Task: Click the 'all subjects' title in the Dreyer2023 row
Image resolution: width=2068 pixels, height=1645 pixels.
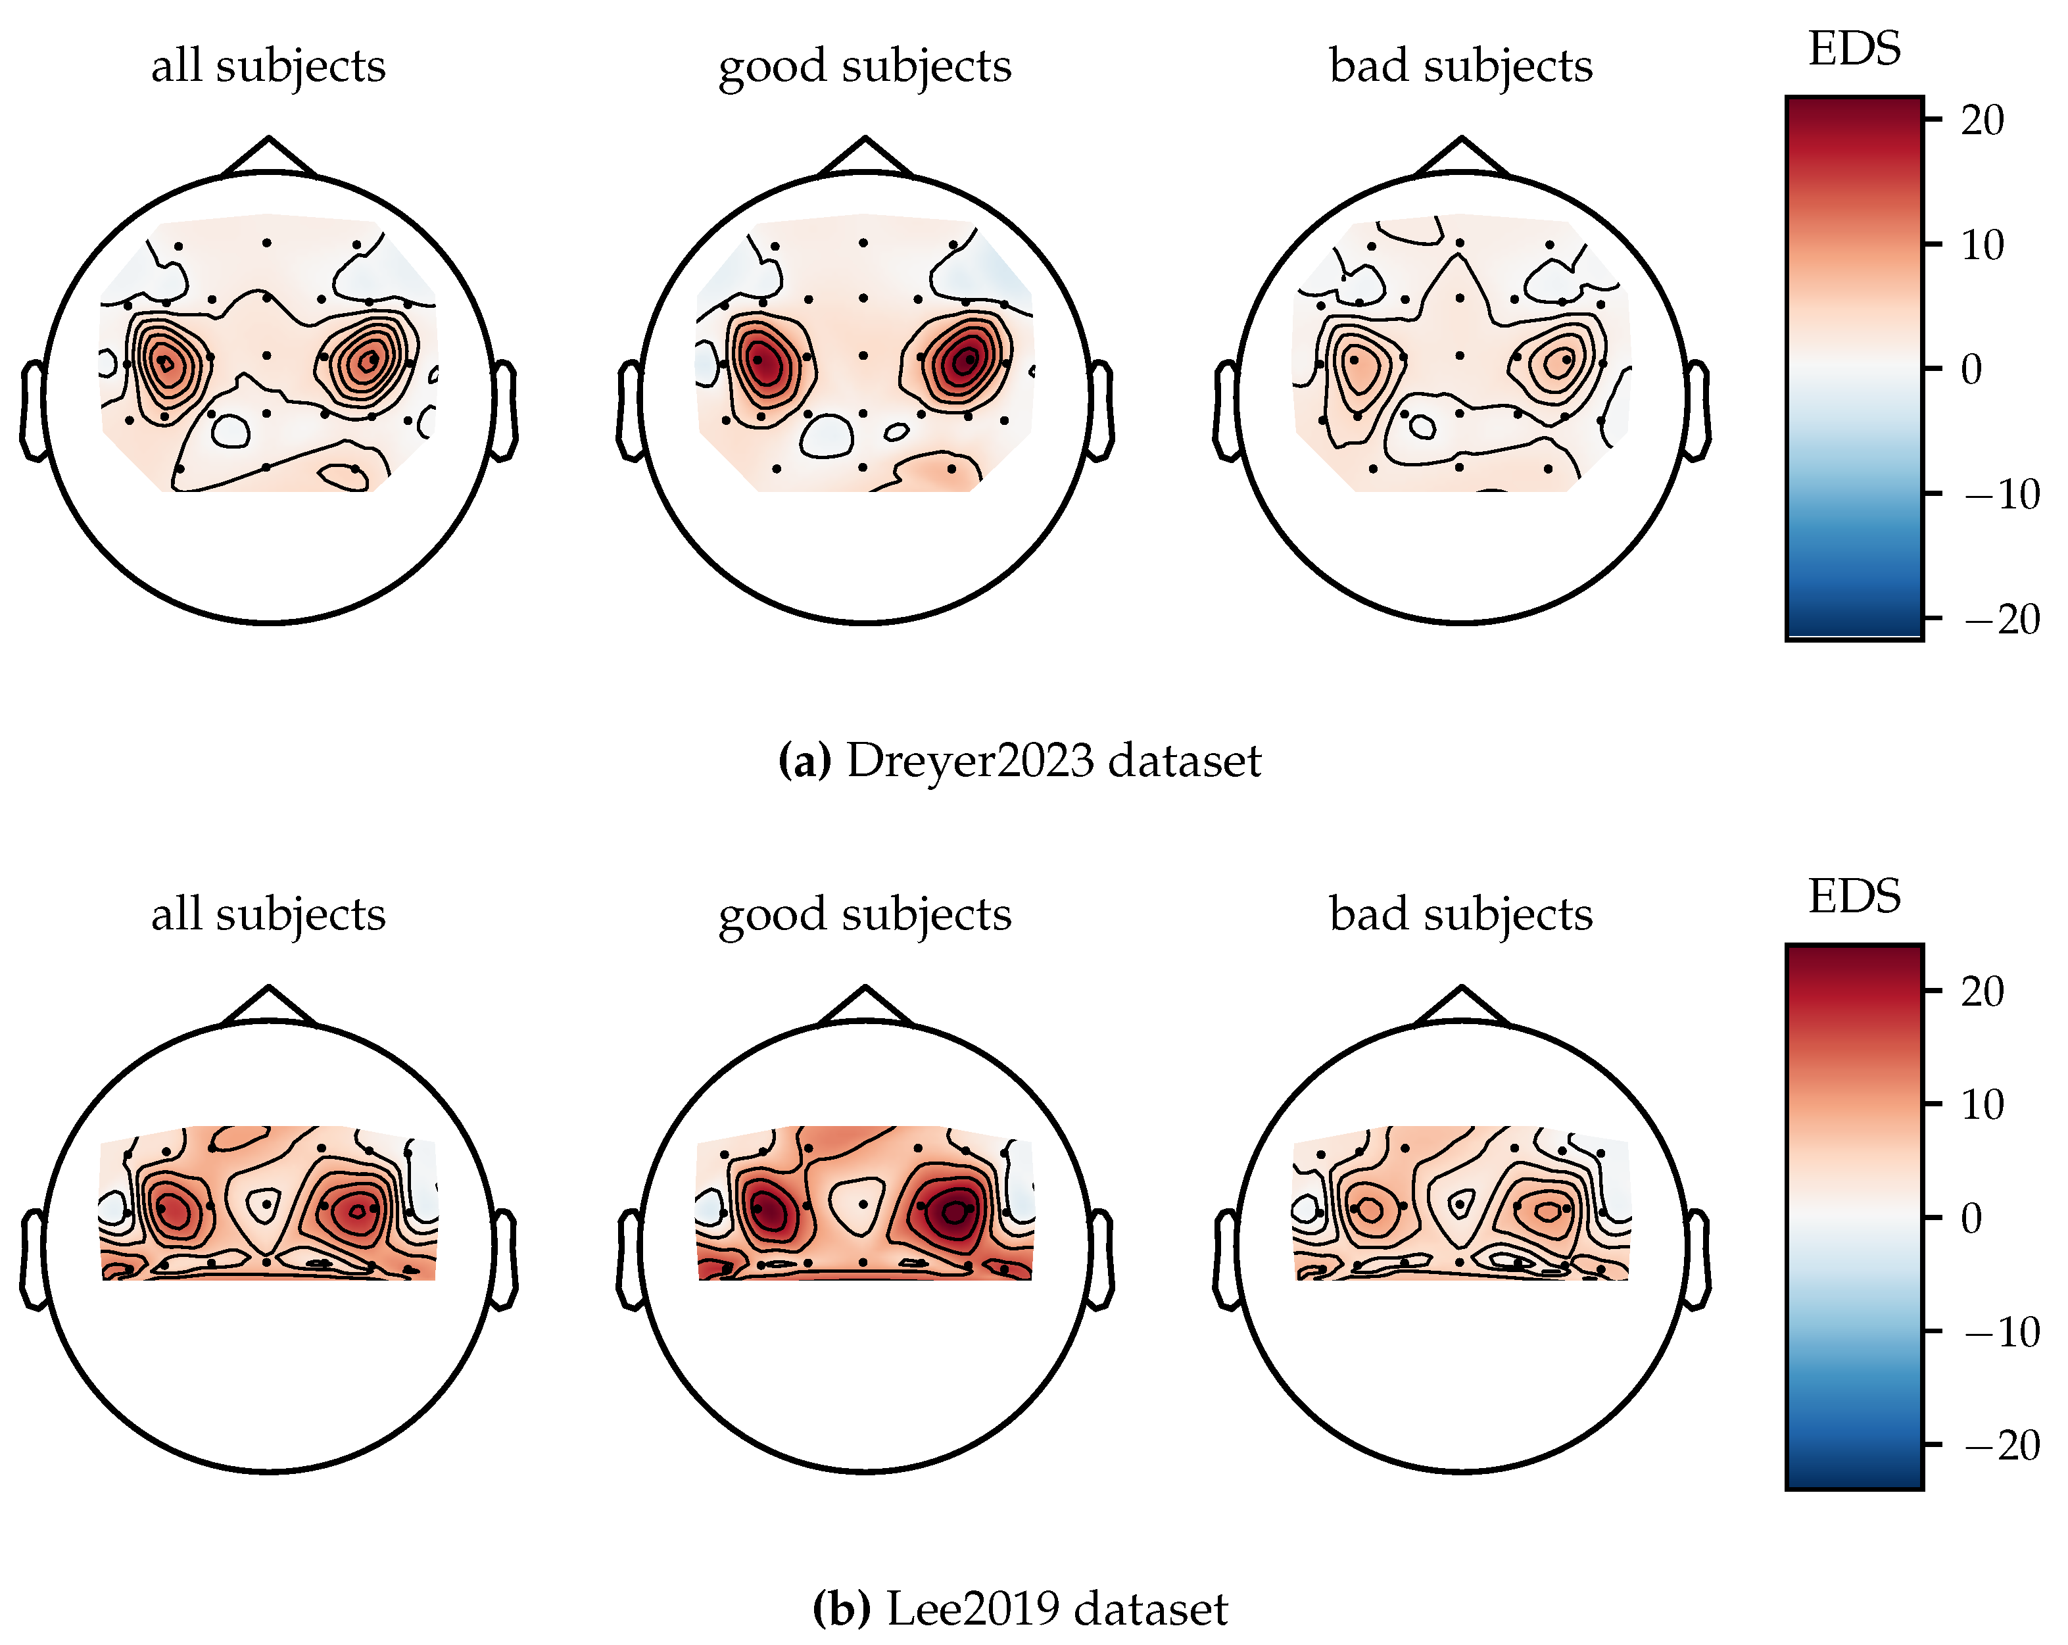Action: pos(268,66)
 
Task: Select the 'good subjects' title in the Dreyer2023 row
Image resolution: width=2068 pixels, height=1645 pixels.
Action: pos(864,66)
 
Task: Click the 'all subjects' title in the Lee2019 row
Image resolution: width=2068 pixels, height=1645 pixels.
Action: pos(268,914)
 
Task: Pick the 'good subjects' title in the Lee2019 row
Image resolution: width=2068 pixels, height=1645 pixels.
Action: pos(864,914)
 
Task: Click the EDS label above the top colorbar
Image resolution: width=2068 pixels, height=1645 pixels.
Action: pos(1853,49)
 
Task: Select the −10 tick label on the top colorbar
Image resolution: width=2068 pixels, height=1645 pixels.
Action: pos(2001,495)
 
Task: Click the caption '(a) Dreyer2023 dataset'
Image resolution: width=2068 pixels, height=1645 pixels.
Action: pos(1020,760)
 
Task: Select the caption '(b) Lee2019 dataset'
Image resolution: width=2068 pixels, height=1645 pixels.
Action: pos(1020,1609)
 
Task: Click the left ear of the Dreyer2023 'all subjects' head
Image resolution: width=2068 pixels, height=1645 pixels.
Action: pos(34,410)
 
